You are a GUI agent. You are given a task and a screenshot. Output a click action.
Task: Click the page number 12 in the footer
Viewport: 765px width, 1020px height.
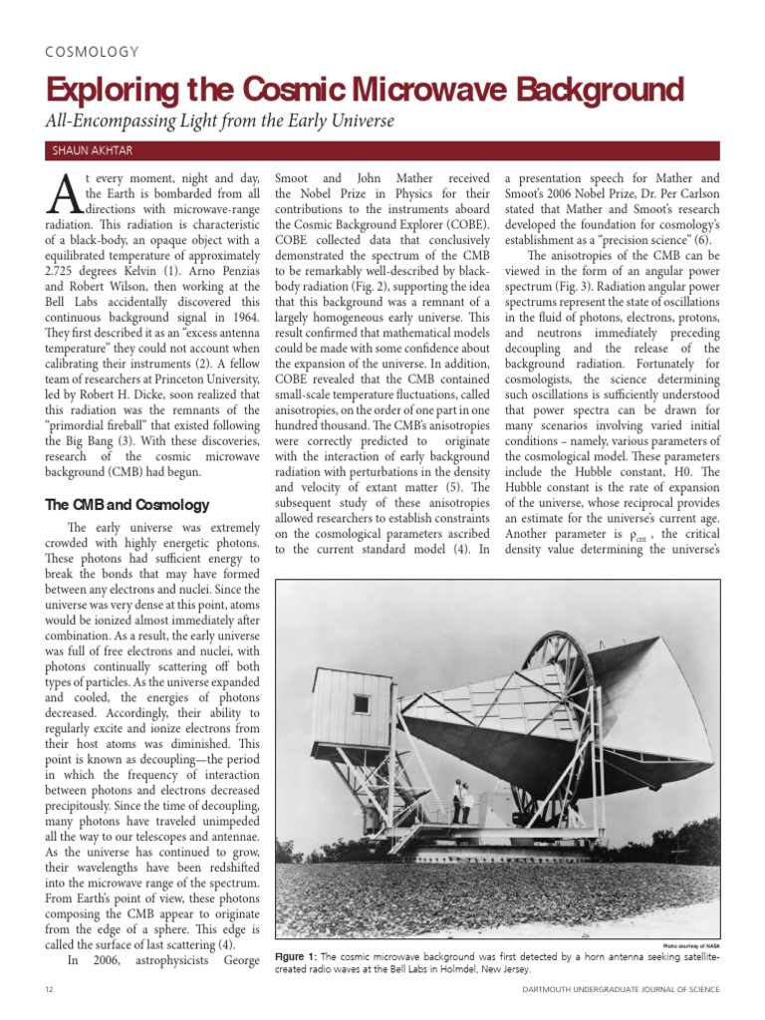pyautogui.click(x=50, y=989)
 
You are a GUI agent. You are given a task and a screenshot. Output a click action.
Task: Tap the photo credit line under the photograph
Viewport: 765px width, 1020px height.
pyautogui.click(x=689, y=943)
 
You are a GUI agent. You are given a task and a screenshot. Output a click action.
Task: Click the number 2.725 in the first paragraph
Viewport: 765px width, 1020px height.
pyautogui.click(x=67, y=242)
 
